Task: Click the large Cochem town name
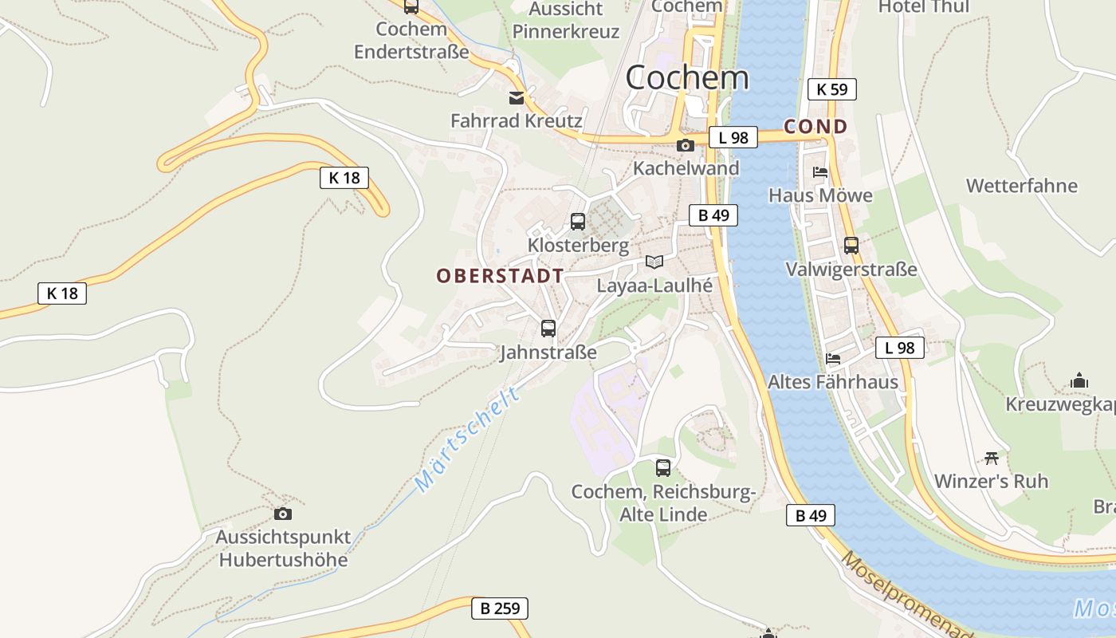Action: pos(687,78)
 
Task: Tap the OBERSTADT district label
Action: pos(500,276)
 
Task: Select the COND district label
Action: pos(815,126)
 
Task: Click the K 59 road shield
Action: pos(831,89)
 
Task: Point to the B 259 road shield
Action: pos(500,608)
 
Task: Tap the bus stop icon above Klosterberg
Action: pos(578,222)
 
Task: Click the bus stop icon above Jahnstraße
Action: pos(548,328)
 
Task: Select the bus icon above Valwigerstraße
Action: pos(851,246)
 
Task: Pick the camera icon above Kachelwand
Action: pos(685,145)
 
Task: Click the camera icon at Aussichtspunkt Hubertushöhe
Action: pos(282,514)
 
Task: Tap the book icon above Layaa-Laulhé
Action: pos(654,262)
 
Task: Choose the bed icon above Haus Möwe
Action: pos(820,171)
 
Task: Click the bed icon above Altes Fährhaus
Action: pos(833,358)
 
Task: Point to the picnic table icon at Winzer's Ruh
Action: pos(992,458)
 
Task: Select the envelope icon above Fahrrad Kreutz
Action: pos(517,98)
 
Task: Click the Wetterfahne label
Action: pos(1021,186)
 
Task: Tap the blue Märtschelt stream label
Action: pos(467,439)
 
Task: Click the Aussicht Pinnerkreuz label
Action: pos(566,21)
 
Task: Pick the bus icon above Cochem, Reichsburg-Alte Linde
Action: pos(663,468)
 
